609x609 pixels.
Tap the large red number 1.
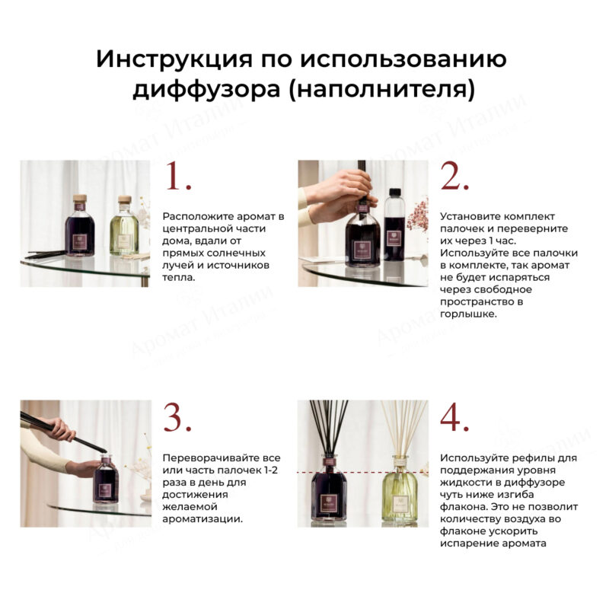click(x=177, y=178)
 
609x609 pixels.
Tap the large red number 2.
click(x=455, y=178)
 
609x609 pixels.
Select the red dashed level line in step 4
click(x=358, y=472)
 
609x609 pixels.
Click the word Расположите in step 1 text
click(x=194, y=217)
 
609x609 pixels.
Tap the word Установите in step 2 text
click(x=470, y=217)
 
